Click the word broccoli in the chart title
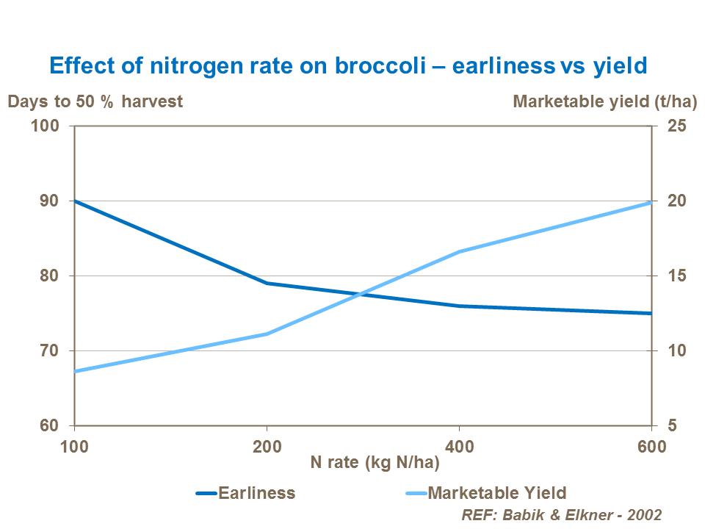389,66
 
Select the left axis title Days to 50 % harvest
95,101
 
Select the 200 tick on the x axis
267,446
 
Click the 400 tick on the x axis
459,446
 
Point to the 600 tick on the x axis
651,446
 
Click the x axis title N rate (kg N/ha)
375,462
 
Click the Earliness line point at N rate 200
267,283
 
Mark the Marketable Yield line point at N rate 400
459,252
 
